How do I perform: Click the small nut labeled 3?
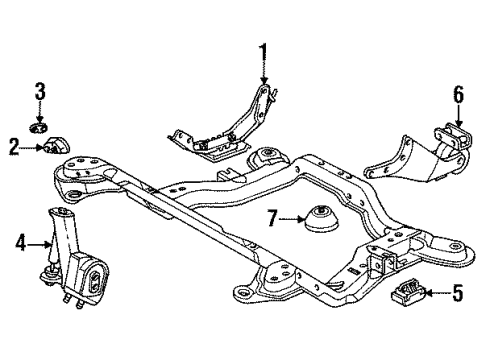pos(39,128)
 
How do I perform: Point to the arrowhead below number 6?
pos(459,125)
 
